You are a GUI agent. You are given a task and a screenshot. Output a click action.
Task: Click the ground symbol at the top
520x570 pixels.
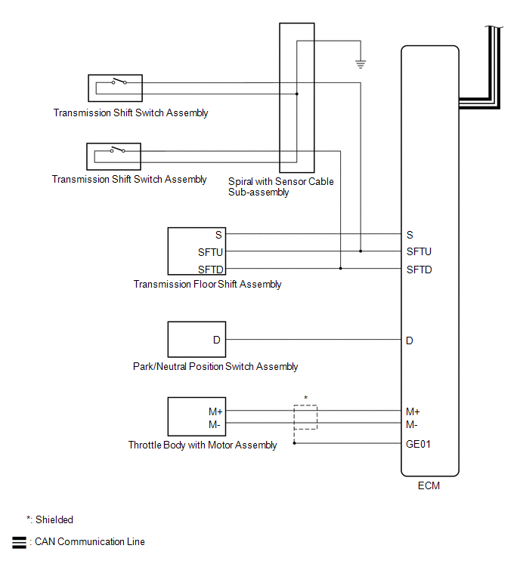coord(361,64)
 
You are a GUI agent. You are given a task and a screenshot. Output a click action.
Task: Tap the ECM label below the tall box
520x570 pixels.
coord(429,486)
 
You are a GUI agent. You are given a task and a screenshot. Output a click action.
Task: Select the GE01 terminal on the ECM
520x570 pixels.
coord(419,444)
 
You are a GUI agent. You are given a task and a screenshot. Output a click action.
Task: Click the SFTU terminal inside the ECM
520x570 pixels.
coord(419,251)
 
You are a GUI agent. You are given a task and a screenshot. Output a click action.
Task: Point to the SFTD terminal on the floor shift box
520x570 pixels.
coord(211,270)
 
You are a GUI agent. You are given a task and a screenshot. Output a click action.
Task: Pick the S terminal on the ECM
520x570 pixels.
coord(410,235)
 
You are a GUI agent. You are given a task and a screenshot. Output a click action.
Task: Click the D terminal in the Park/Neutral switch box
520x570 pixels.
coord(216,340)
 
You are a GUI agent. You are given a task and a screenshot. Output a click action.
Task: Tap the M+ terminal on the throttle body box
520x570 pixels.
coord(215,411)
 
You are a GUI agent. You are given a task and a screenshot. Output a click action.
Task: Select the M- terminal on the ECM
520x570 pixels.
coord(413,424)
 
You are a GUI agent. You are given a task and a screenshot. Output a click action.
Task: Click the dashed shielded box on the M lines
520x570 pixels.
coord(305,417)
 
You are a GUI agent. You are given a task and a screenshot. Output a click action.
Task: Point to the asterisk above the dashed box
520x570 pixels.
coord(305,398)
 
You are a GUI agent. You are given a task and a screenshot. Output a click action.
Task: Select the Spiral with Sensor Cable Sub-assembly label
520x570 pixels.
coord(280,186)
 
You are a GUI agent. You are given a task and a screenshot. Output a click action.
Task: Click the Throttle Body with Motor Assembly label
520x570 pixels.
coord(203,445)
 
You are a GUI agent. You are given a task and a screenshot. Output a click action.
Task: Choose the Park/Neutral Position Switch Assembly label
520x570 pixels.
coord(215,367)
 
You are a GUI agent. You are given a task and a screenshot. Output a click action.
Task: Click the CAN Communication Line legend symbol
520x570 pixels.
coord(19,542)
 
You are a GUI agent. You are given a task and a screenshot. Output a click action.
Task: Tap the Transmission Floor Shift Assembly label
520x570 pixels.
coord(207,285)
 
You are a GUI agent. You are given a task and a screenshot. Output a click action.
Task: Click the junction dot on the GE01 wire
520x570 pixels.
coord(295,444)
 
